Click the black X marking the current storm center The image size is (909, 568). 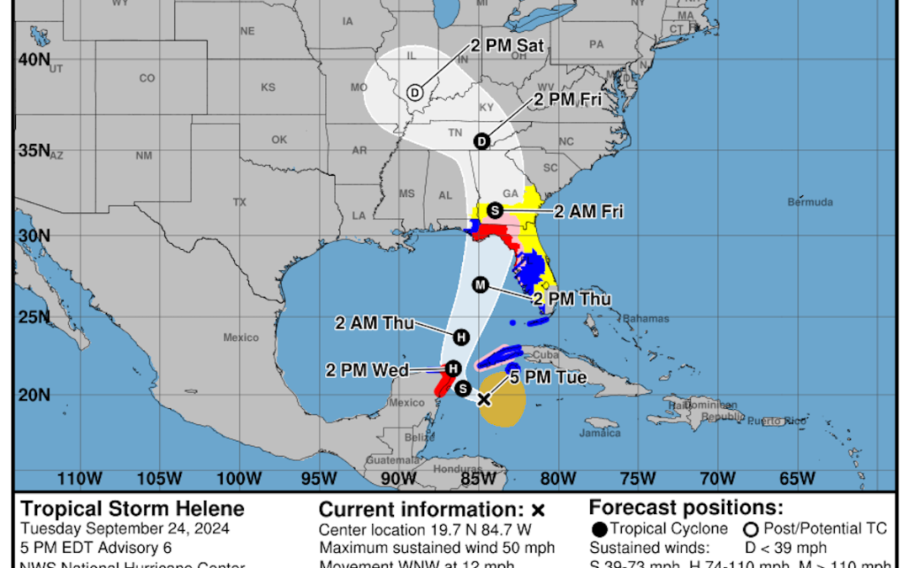(484, 399)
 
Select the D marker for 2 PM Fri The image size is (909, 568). (481, 141)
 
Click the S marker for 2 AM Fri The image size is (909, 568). (495, 210)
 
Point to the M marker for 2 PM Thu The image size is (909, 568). (480, 285)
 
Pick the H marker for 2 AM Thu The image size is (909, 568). (460, 337)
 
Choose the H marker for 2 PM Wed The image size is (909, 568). (453, 369)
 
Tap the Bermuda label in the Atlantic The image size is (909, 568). (810, 202)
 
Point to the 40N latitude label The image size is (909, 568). (33, 60)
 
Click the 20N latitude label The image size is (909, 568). (33, 395)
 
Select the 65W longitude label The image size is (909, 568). (796, 479)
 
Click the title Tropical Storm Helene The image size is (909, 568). (132, 509)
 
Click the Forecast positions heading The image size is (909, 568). (686, 507)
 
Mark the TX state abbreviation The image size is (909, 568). (240, 202)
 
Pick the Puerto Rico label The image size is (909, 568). (775, 420)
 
